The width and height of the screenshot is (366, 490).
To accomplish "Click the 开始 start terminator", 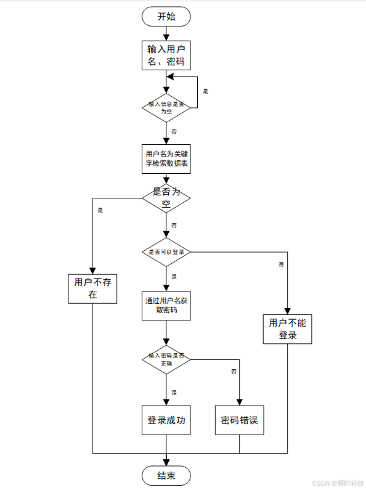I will (166, 17).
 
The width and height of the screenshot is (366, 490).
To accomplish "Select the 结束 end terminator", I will (166, 475).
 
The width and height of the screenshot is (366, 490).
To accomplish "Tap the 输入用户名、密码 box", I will (166, 55).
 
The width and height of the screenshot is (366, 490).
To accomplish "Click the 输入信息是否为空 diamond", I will (166, 108).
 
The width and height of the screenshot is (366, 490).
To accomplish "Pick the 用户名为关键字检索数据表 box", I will (166, 159).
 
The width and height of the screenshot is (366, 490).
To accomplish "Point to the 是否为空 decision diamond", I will (166, 198).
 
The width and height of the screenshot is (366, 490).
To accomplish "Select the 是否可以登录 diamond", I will (166, 252).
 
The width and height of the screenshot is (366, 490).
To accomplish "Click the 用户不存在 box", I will (92, 288).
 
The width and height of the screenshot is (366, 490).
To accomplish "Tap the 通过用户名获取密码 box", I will (166, 305).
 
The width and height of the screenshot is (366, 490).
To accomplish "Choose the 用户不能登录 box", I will (288, 329).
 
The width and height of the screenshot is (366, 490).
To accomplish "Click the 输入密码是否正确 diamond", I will (166, 359).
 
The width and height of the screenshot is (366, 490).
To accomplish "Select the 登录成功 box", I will (166, 420).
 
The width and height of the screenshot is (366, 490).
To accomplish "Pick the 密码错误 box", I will (239, 420).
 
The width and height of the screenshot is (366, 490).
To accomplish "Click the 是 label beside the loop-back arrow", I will (206, 91).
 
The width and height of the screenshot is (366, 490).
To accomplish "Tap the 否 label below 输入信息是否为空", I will (174, 132).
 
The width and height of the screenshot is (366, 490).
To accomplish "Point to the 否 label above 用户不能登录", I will (281, 264).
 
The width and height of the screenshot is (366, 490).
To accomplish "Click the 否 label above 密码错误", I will (234, 372).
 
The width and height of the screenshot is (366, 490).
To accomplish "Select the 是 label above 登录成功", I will (174, 393).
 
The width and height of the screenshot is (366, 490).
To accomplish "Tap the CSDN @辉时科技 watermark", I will (338, 483).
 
